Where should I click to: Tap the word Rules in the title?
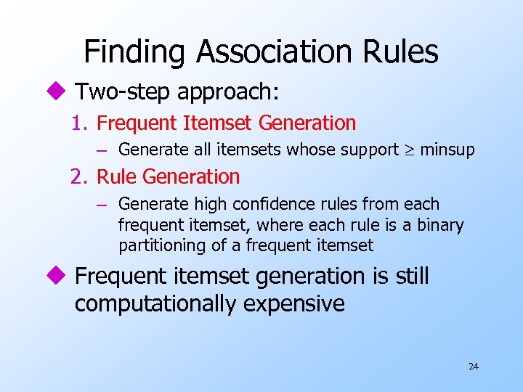(x=403, y=52)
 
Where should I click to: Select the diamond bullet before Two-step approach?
(x=60, y=91)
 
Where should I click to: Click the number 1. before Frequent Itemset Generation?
(x=80, y=123)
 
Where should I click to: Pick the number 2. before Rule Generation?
(x=80, y=176)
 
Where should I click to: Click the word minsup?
(x=447, y=150)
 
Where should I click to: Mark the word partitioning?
(x=162, y=245)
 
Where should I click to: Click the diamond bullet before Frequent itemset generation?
(x=60, y=277)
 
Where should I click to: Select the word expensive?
(x=294, y=303)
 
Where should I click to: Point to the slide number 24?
(x=474, y=366)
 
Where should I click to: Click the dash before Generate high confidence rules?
(x=102, y=205)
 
